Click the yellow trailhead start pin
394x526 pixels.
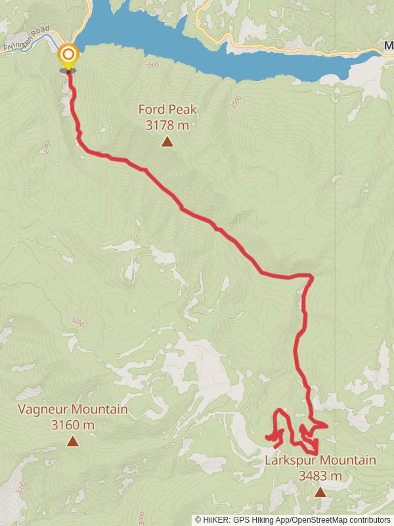coord(68,55)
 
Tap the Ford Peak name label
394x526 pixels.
coord(167,110)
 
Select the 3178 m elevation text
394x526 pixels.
coord(167,124)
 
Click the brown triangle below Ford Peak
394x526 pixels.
coord(167,141)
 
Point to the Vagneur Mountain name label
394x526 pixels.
coord(72,410)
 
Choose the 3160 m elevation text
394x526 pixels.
coord(72,425)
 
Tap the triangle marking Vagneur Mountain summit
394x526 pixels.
coord(72,442)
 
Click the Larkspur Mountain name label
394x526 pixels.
coord(320,460)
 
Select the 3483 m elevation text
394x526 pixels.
coord(320,475)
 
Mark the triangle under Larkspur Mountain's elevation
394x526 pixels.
coord(320,492)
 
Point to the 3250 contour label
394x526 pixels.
coord(77,322)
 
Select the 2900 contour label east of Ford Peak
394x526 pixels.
coord(236,102)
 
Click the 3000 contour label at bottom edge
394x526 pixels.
coord(140,516)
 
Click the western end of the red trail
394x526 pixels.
coord(267,437)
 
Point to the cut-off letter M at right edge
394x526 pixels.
coord(389,47)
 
